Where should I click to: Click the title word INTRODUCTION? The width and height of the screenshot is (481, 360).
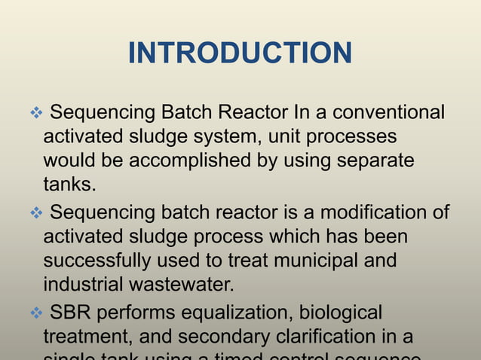coord(240,53)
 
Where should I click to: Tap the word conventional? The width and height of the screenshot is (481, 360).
coord(388,113)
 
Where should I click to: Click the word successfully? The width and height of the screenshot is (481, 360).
coord(92,261)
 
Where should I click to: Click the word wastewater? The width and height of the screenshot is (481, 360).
coord(190,285)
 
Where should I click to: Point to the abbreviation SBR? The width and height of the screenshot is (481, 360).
coord(72,312)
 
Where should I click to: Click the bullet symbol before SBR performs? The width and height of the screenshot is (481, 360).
coord(36,313)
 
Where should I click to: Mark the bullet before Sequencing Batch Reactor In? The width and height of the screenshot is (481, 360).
coord(36,114)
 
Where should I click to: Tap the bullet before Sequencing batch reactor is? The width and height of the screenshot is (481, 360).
coord(36,213)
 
